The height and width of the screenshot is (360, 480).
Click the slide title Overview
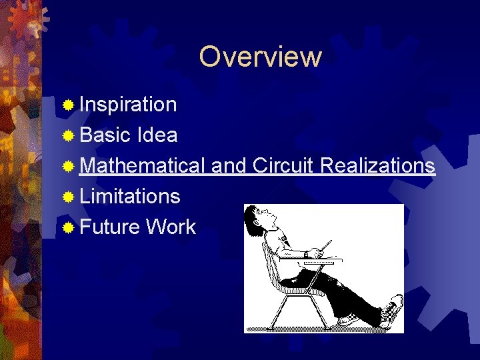coord(260,57)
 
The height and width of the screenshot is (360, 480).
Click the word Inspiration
coord(128,105)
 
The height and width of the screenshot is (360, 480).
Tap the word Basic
coord(104,135)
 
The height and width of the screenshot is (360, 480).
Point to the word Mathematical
coord(142,165)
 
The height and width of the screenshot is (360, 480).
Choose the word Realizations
coord(377,165)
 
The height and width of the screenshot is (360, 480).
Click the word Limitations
coord(129,196)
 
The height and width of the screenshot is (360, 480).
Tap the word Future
coord(110,227)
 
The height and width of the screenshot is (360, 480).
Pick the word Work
coord(171,227)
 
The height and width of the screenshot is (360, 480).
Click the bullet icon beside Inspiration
coord(67,105)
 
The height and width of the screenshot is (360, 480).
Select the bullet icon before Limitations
coord(67,197)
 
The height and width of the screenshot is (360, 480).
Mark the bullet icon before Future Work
coord(67,227)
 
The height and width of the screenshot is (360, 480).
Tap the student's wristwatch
coord(305,254)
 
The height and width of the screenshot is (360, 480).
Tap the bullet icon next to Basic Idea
coord(67,136)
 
